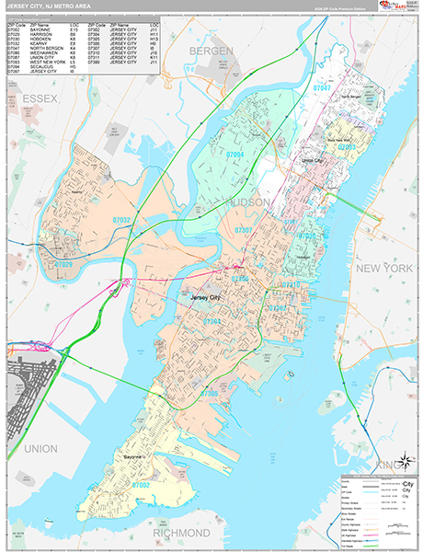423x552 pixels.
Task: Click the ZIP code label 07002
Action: pyautogui.click(x=142, y=484)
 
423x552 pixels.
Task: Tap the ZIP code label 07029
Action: pyautogui.click(x=63, y=264)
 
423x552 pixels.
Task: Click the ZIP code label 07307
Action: pyautogui.click(x=244, y=230)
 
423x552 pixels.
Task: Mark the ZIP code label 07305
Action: pyautogui.click(x=210, y=393)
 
